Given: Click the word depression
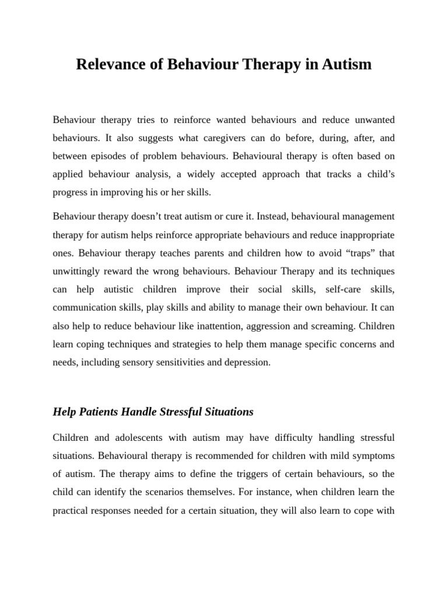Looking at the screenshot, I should [x=246, y=362].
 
